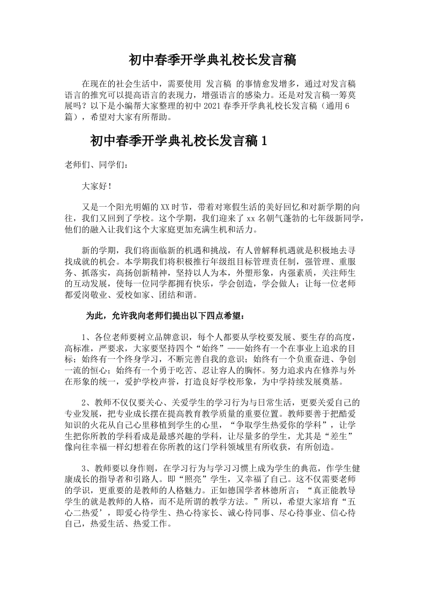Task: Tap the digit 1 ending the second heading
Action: [x=263, y=141]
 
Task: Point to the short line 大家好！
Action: [x=97, y=186]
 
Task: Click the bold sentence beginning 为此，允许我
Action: [x=166, y=316]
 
